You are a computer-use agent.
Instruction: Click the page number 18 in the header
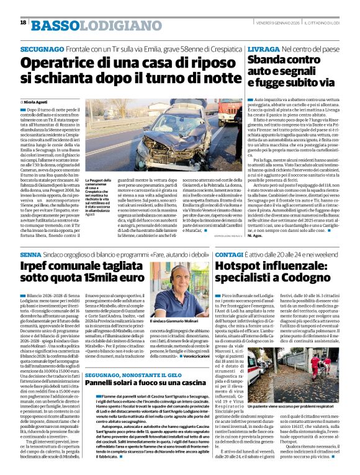coord(23,23)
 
